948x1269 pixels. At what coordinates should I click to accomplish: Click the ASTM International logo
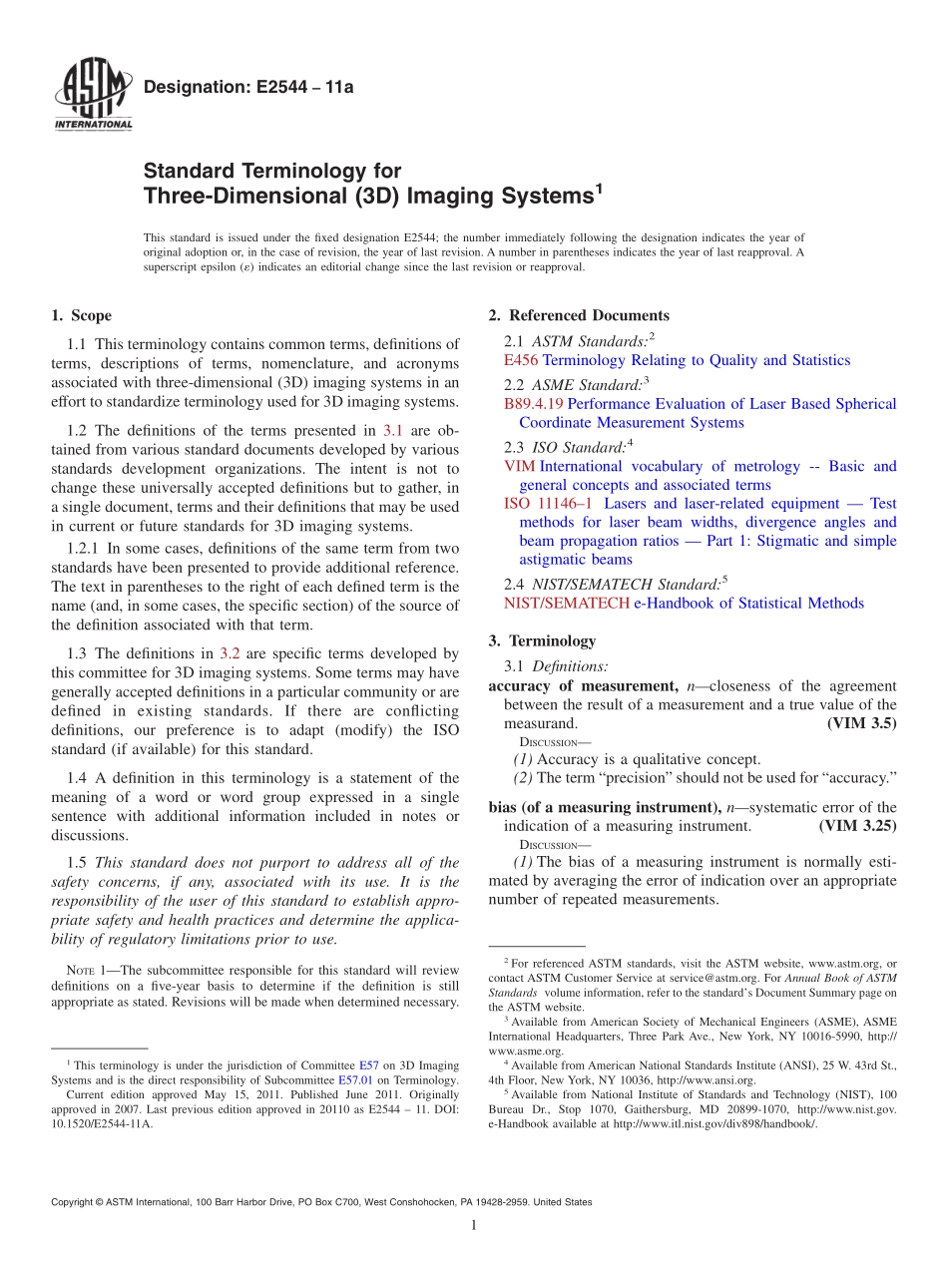pos(92,95)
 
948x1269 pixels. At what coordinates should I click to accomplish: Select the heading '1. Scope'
pos(82,316)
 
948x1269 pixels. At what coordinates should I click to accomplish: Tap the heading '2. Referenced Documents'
pos(579,316)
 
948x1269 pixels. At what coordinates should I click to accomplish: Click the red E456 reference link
pos(521,360)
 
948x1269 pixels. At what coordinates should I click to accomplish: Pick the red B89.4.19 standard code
pos(534,404)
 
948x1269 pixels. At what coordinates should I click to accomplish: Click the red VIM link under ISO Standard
pos(519,466)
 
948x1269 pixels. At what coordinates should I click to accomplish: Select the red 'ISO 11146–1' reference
pos(548,504)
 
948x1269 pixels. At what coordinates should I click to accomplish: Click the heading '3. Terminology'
pos(542,641)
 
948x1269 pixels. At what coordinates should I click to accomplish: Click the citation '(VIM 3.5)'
pos(862,723)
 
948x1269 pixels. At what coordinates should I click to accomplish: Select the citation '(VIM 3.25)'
pos(857,826)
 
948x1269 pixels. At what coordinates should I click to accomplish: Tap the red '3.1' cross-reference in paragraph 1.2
pos(392,431)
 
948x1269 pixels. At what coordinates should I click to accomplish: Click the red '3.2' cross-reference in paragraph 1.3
pos(230,654)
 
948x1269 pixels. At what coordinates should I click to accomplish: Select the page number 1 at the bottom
pos(474,1226)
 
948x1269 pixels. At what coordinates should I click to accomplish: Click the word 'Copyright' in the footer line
pos(75,1202)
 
